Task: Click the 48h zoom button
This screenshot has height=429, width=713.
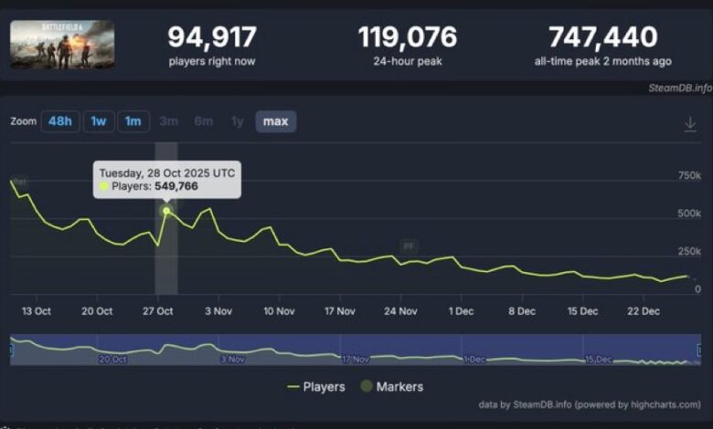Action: coord(59,121)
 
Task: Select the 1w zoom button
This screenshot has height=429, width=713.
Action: coord(99,121)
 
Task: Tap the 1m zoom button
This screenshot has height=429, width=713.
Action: coord(133,121)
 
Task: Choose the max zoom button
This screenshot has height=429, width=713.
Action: coord(275,121)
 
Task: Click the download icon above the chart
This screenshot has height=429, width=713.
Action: coord(690,124)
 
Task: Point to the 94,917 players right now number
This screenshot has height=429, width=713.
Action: coord(212,37)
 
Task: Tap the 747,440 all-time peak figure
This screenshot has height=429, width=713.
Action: coord(602,37)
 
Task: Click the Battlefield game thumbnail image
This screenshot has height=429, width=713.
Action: coord(62,45)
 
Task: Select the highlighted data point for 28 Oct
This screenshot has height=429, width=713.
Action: coord(166,211)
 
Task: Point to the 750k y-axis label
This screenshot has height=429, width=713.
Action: coord(689,175)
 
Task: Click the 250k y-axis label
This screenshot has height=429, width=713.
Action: coord(689,251)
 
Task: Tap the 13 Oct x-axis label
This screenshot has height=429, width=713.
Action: coord(36,311)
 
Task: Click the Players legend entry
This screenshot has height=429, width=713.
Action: coord(316,387)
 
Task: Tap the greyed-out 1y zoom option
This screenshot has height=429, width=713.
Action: coord(237,121)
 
